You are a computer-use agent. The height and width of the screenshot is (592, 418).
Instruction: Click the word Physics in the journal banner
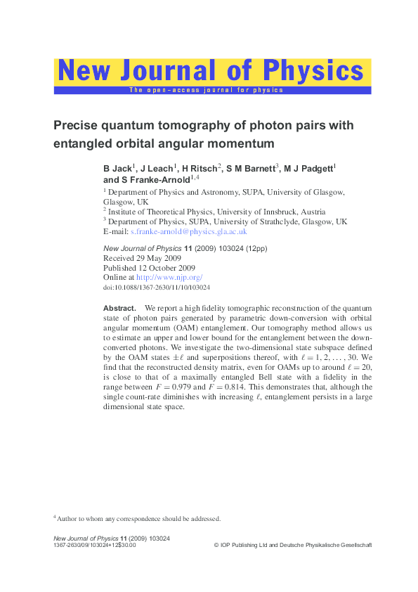click(313, 71)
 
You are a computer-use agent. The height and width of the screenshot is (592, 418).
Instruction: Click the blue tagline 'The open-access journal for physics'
click(205, 90)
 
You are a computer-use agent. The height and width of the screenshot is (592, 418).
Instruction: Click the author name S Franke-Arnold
click(145, 180)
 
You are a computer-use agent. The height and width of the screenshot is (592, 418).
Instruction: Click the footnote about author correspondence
click(138, 519)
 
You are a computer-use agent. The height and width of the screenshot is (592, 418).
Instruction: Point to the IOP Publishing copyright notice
click(292, 546)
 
